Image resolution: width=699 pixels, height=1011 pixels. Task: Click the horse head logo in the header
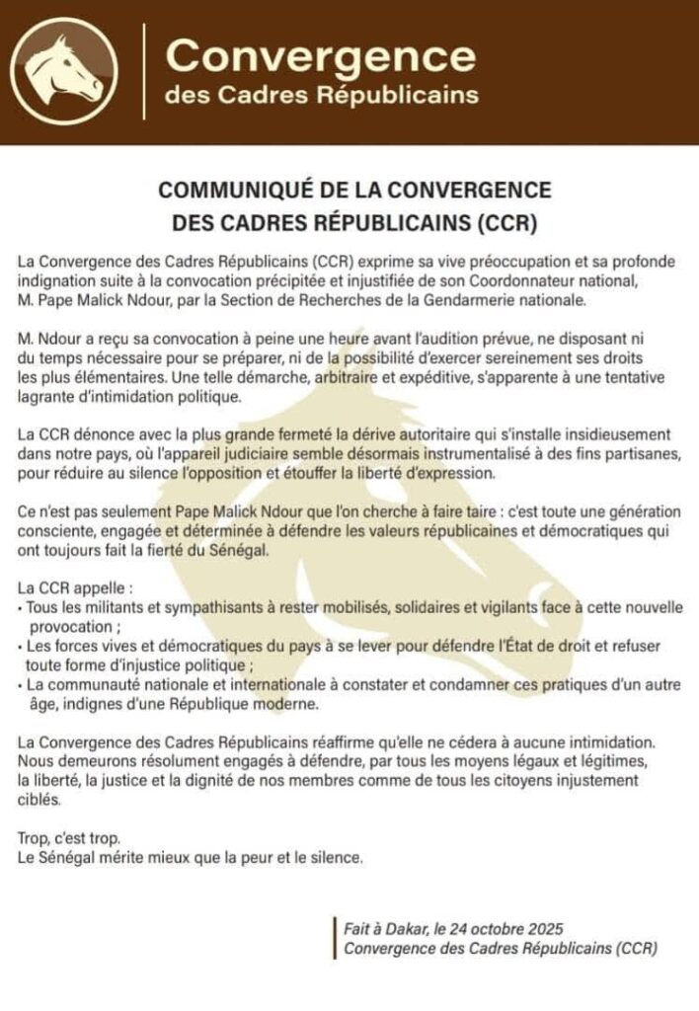point(64,71)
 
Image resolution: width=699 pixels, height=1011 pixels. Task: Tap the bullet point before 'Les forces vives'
point(22,645)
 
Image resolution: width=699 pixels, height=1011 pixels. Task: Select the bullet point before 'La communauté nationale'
point(22,684)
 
